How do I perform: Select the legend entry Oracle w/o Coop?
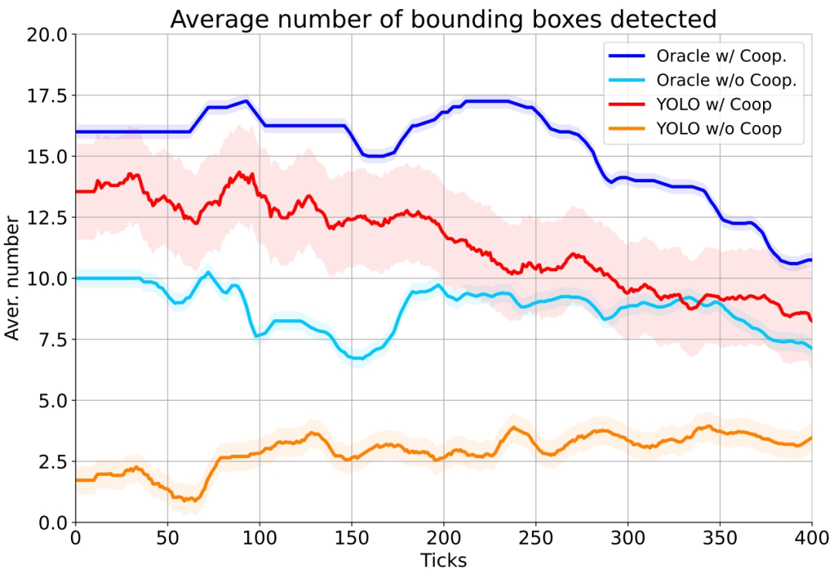pos(726,80)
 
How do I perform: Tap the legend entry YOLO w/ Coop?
pos(714,104)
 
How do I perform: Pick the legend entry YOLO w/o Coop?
pos(719,129)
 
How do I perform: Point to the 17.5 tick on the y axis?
pos(48,95)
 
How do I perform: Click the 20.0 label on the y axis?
pos(48,34)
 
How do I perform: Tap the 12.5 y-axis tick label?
pos(48,217)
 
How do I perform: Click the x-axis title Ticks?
pos(443,560)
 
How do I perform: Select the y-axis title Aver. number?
pos(13,278)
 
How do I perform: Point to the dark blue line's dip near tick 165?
pos(378,156)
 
